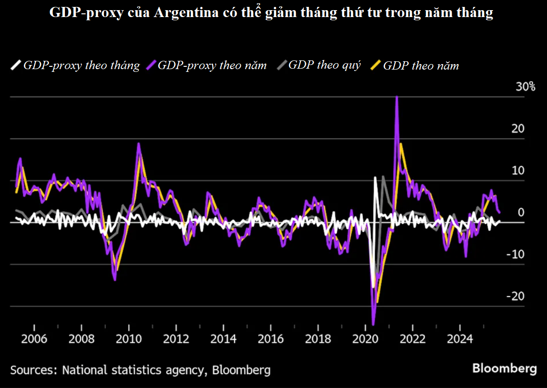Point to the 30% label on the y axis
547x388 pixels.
pyautogui.click(x=525, y=87)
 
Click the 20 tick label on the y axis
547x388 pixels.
pyautogui.click(x=518, y=129)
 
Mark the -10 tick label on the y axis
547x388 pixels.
pyautogui.click(x=516, y=254)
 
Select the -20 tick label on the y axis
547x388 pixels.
pyautogui.click(x=516, y=296)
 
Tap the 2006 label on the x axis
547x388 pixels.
pyautogui.click(x=35, y=339)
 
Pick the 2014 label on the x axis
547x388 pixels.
pyautogui.click(x=224, y=339)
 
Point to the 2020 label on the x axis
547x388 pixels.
pyautogui.click(x=365, y=339)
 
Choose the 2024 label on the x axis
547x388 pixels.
pyautogui.click(x=460, y=339)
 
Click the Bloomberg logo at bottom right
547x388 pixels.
pyautogui.click(x=505, y=369)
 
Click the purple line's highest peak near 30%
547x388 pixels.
pyautogui.click(x=397, y=98)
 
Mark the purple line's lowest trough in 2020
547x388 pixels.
pyautogui.click(x=373, y=324)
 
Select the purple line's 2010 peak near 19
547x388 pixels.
pyautogui.click(x=138, y=144)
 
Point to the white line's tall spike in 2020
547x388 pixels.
pyautogui.click(x=376, y=177)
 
